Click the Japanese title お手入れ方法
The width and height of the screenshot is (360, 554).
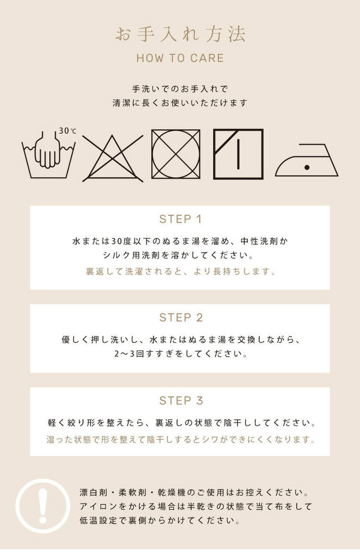pos(180,35)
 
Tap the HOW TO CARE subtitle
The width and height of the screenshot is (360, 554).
pos(180,58)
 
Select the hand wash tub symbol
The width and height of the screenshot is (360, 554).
pos(48,155)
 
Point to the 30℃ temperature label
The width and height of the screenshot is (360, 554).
pos(68,131)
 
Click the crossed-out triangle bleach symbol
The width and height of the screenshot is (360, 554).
pos(112,158)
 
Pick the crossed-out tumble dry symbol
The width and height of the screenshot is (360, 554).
pos(176,154)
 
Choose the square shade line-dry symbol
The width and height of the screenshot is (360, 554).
pos(238,154)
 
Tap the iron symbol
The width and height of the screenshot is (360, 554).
pos(307,160)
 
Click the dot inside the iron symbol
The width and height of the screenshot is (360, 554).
pos(307,167)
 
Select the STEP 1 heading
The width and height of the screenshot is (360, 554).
pos(180,219)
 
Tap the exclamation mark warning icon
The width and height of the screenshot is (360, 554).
pos(43,506)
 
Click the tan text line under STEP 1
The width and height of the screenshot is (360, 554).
pos(181,271)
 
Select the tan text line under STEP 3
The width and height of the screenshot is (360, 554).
pos(181,439)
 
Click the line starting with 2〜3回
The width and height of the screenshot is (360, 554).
pos(181,353)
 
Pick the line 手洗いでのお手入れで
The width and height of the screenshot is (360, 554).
pos(180,89)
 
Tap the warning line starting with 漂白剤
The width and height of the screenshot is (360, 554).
pos(194,493)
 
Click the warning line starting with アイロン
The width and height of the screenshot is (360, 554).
pos(196,506)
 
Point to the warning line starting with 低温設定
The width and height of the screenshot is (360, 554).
pos(160,520)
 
